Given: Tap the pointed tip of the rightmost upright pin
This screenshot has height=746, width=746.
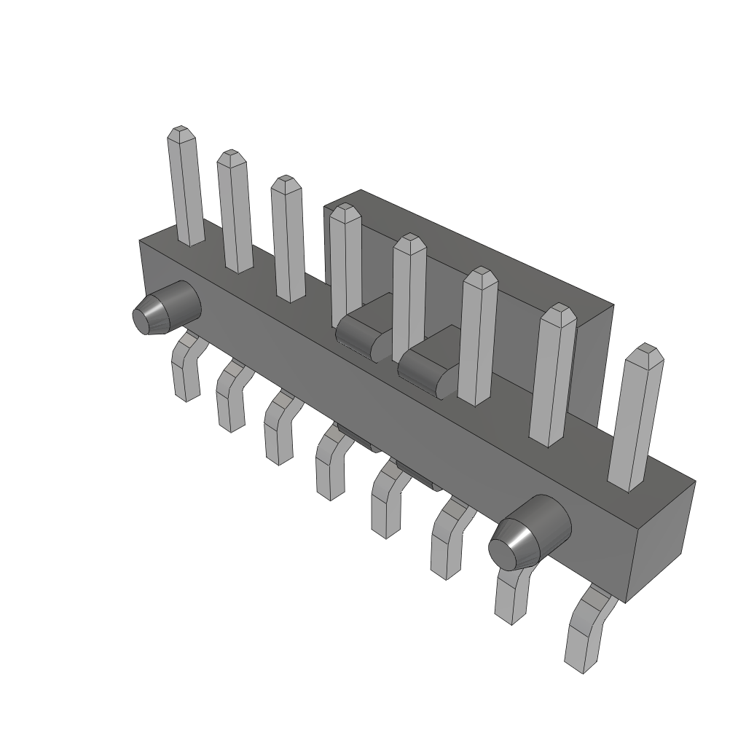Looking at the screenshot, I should (645, 350).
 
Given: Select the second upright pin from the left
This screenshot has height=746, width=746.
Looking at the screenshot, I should (235, 211).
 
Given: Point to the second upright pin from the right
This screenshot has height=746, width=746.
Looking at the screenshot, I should (553, 375).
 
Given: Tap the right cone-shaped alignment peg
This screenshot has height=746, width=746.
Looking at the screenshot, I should (530, 533).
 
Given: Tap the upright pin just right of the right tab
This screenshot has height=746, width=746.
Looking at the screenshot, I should (478, 335).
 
